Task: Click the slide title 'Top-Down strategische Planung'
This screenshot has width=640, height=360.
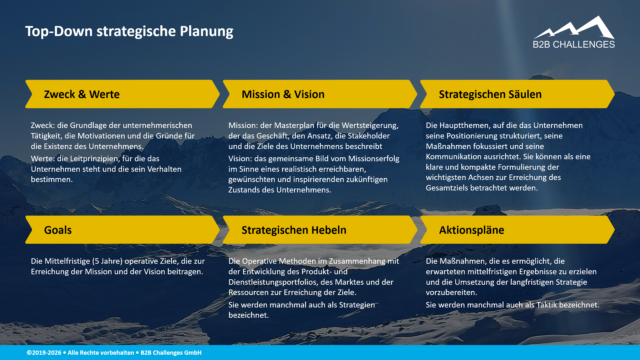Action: click(129, 31)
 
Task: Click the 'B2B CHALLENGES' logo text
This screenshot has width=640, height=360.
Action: click(574, 45)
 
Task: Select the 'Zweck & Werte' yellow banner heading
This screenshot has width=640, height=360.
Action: click(82, 94)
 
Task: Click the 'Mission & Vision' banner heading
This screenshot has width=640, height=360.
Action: click(283, 94)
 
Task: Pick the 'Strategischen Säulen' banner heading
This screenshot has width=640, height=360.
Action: click(490, 94)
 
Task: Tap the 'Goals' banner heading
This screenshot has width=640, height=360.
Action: click(58, 230)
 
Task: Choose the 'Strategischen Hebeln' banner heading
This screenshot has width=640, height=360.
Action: click(294, 230)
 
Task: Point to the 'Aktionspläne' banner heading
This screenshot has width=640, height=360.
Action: click(471, 230)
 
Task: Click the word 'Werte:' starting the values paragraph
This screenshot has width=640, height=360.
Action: click(43, 159)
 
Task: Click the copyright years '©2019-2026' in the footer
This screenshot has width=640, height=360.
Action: click(44, 353)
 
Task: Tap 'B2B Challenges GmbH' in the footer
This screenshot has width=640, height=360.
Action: click(171, 353)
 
